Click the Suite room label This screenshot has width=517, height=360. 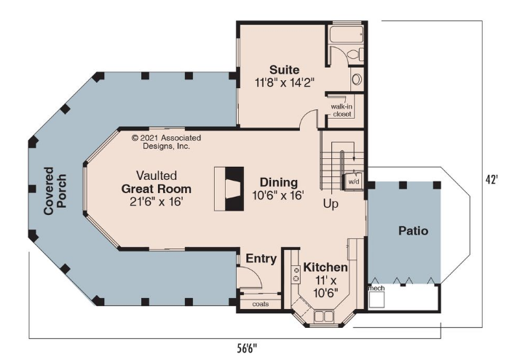[284, 70]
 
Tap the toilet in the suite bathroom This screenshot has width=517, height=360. [356, 54]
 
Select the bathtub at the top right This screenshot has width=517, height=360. [346, 34]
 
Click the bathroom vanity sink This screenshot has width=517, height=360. [357, 79]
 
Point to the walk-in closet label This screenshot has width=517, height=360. [342, 111]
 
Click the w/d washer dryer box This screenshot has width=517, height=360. [353, 181]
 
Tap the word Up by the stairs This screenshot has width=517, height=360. [331, 204]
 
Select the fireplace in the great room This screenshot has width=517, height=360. [229, 189]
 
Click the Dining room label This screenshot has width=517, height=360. [279, 182]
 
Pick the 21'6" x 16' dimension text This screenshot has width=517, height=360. [157, 201]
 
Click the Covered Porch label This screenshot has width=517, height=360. [55, 191]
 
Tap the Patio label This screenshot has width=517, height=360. [413, 230]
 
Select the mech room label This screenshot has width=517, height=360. [376, 288]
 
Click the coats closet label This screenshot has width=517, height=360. [261, 304]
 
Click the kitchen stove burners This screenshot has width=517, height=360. [296, 275]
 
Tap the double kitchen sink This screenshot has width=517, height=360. [324, 316]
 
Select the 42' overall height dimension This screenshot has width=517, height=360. [492, 180]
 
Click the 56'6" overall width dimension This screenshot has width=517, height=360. [247, 348]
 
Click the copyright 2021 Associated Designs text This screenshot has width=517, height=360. [166, 142]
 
